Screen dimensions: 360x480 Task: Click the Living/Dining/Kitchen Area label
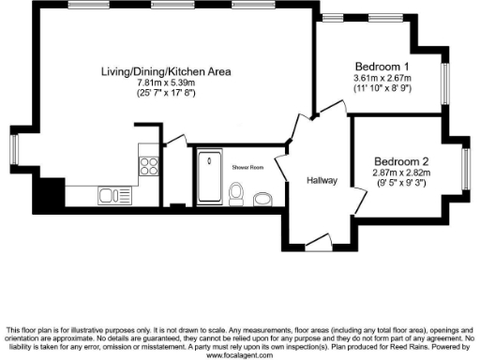tap(167, 71)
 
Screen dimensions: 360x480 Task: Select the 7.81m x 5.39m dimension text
tap(167, 82)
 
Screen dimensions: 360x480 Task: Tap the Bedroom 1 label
tap(382, 67)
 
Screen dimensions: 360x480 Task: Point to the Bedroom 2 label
tap(402, 161)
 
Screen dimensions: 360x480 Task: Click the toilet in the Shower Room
tap(237, 194)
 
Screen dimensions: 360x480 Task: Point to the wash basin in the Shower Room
tap(262, 198)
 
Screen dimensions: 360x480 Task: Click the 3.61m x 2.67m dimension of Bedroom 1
tap(382, 77)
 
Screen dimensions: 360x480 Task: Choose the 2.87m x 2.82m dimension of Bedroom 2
tap(402, 173)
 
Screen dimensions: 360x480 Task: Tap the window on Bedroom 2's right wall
tap(468, 160)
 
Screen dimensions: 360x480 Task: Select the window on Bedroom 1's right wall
tap(446, 79)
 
